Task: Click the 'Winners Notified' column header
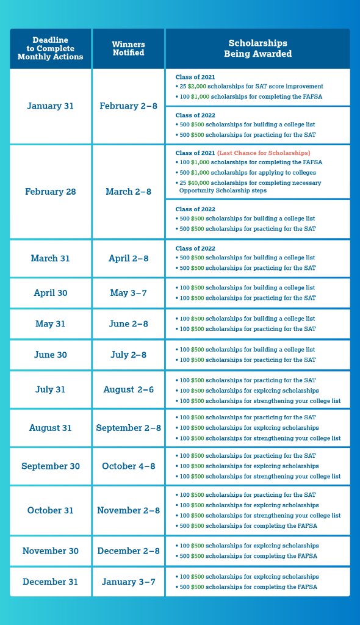coord(128,48)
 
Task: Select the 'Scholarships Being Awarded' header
coord(257,48)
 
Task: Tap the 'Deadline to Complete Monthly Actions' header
coord(51,48)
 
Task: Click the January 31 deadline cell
coord(51,106)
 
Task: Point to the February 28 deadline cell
coord(51,192)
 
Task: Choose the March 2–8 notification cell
coord(128,192)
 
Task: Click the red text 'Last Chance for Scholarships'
coord(264,153)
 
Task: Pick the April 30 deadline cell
coord(51,293)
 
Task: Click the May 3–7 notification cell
coord(128,293)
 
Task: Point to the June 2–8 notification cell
coord(128,323)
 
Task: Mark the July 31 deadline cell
coord(51,389)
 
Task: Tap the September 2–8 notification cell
coord(128,428)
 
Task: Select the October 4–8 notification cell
coord(128,466)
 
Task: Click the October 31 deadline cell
coord(51,510)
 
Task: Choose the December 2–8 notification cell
coord(128,551)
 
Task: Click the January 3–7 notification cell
coord(128,582)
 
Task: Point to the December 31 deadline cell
coord(51,582)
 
